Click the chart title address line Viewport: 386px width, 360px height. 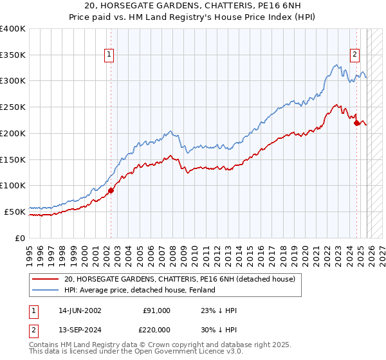193,6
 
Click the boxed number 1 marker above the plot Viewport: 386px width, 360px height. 110,55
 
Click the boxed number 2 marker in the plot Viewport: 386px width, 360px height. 354,55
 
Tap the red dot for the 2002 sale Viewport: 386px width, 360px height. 111,190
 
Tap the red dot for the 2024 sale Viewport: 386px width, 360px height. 357,123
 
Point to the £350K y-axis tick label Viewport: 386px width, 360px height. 13,55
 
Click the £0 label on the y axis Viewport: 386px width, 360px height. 21,238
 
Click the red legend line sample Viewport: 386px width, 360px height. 45,279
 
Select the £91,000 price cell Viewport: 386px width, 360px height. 156,310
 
